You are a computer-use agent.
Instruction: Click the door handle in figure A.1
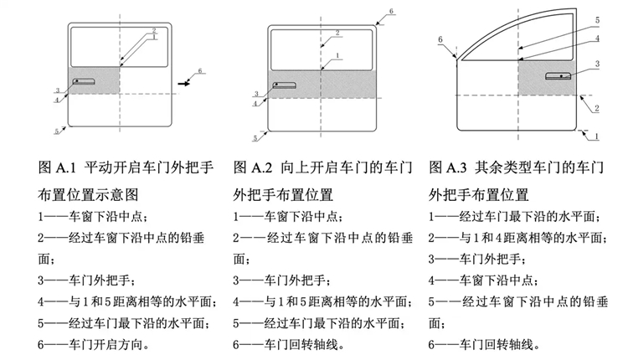84,81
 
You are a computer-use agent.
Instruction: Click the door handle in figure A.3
558,76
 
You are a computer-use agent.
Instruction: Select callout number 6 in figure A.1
200,70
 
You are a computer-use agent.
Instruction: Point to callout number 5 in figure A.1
56,131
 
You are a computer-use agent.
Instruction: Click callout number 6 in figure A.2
391,12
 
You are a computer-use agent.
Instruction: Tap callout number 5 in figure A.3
597,19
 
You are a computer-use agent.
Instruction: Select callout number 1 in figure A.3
596,134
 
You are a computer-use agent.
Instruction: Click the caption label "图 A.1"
56,167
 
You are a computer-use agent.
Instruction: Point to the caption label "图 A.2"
251,167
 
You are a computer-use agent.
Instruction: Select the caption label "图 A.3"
447,167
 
